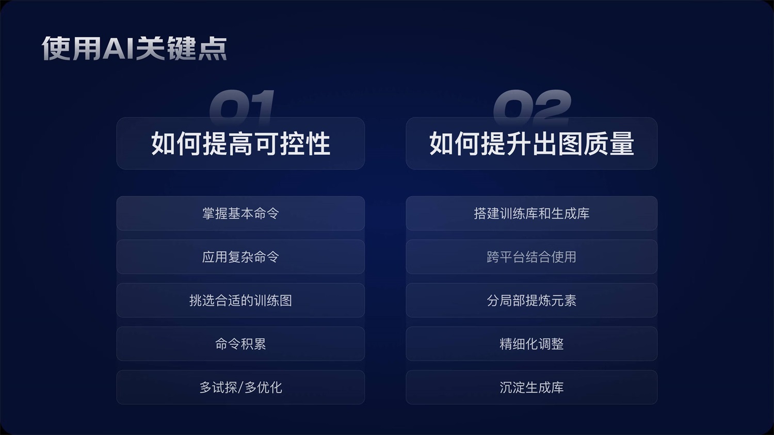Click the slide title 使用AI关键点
[134, 49]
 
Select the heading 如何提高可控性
[240, 143]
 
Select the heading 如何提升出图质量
[531, 143]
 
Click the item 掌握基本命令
[240, 213]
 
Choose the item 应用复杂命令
[240, 256]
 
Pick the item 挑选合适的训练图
[240, 300]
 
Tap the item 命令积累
[240, 344]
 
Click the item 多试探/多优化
[240, 387]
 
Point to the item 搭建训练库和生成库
[531, 213]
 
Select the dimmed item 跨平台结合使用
[531, 256]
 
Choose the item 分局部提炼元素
[531, 300]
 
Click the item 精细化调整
[531, 344]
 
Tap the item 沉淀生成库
[531, 387]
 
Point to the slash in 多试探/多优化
[240, 388]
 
